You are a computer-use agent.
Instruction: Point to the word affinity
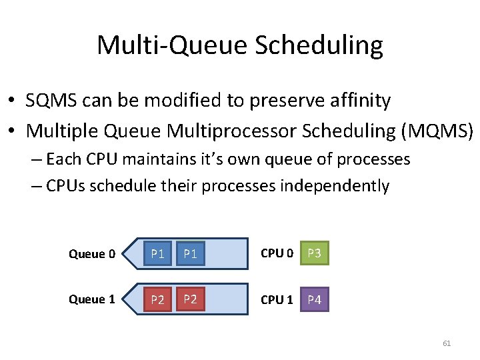pos(357,101)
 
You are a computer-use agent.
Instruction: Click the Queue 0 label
pos(91,254)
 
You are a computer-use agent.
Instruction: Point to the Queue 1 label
pos(91,299)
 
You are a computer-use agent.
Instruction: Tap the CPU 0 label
pos(277,253)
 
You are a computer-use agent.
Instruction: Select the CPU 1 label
pos(277,299)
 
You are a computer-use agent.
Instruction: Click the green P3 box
pos(315,253)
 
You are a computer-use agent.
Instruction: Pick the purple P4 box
pos(315,299)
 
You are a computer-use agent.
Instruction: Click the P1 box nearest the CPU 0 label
pos(191,253)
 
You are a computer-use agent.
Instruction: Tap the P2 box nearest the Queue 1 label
pos(157,299)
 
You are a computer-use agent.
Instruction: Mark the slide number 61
pos(447,343)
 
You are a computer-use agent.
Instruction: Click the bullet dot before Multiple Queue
pos(13,132)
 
